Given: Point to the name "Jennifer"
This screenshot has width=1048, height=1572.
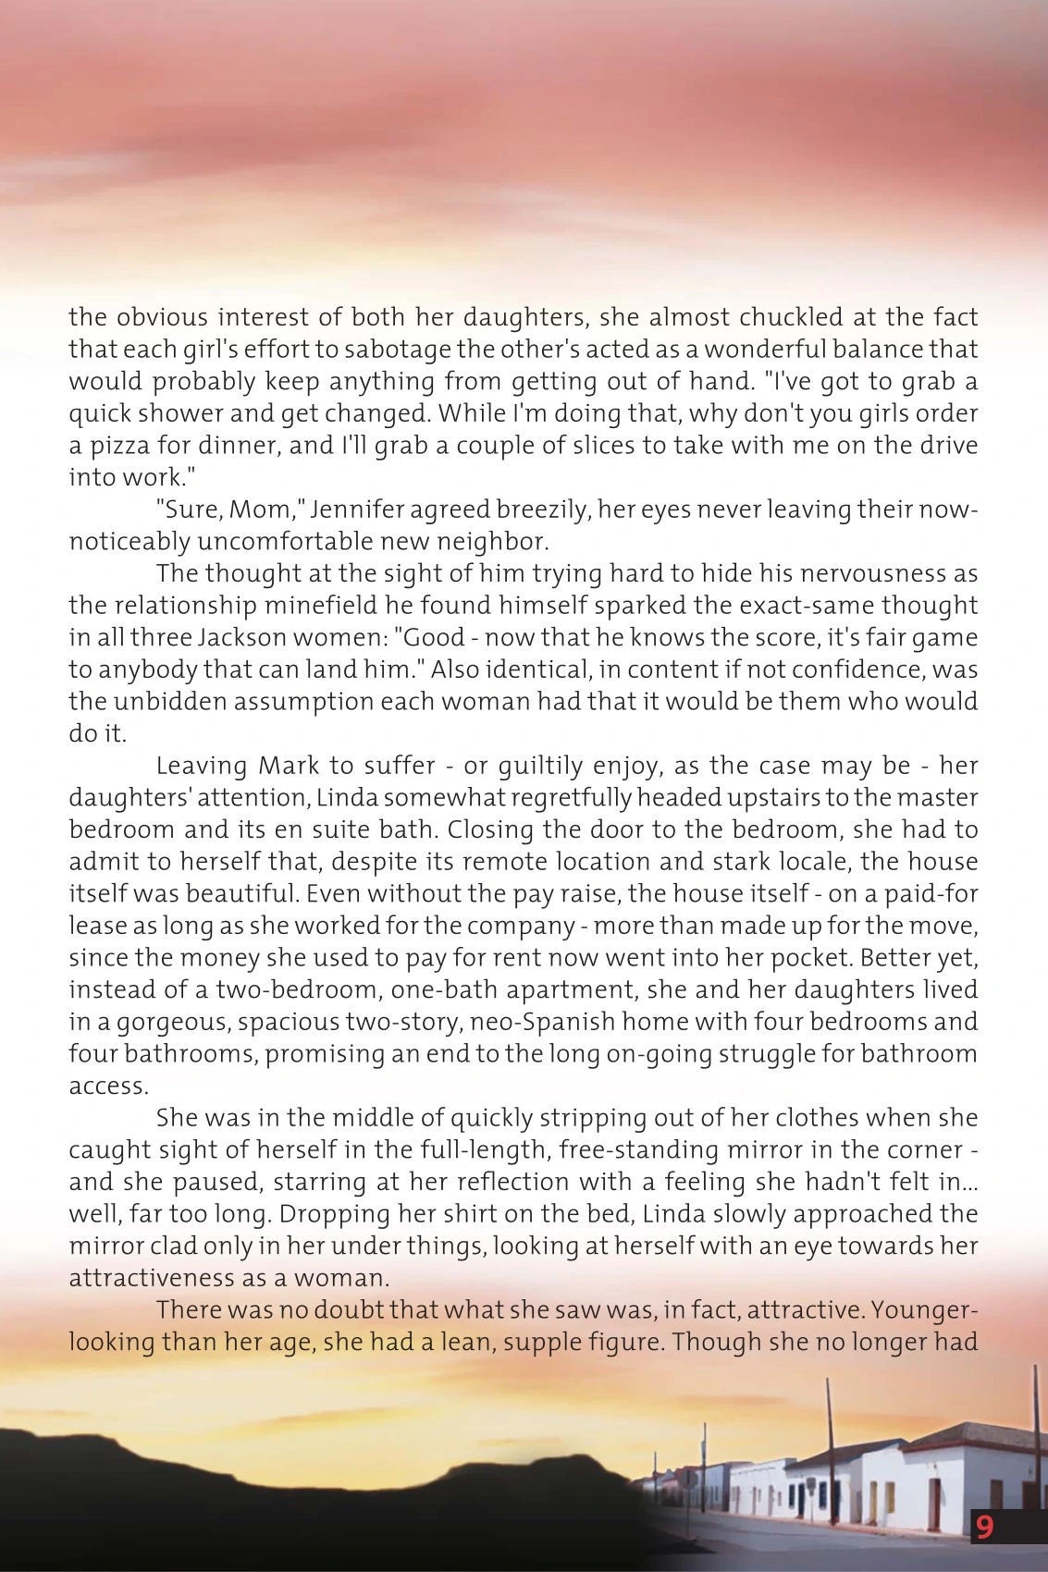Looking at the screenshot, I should [354, 510].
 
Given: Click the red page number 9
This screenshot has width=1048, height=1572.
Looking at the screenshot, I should [984, 1527].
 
